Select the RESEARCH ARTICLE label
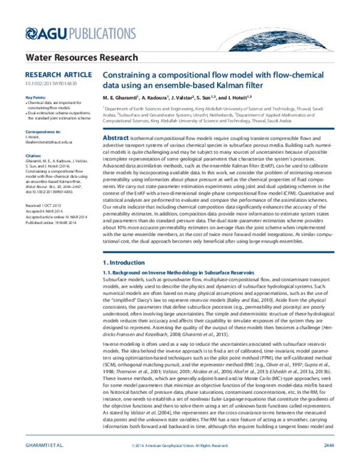click(49, 75)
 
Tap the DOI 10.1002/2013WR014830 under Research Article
click(47, 83)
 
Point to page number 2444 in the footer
click(328, 444)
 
